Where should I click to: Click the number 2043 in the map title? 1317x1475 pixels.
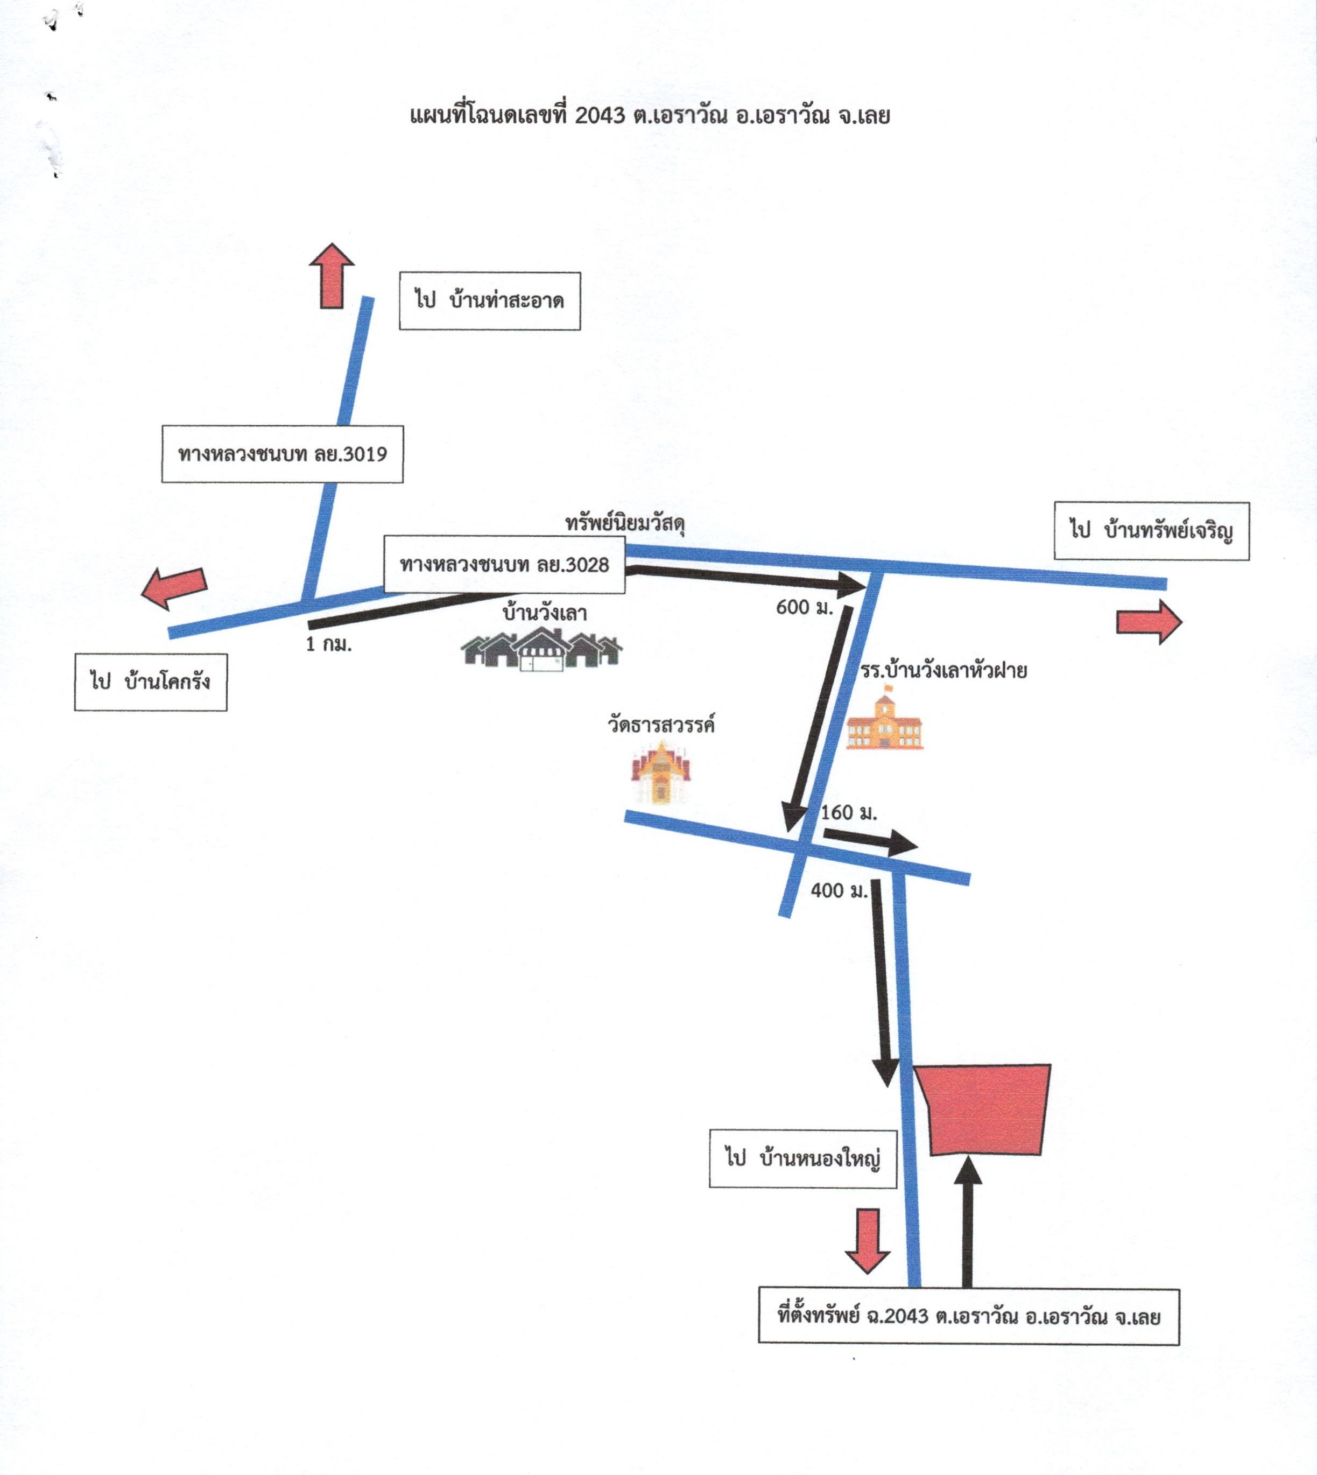(x=599, y=115)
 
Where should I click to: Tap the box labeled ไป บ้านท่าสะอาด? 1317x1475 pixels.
(x=490, y=301)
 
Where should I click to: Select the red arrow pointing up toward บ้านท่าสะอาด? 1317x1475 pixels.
(x=332, y=276)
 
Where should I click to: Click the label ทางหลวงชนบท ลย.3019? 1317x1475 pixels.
(x=282, y=454)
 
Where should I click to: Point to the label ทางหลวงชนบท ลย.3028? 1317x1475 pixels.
(x=504, y=565)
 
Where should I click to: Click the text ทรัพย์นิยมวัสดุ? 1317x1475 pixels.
(x=625, y=523)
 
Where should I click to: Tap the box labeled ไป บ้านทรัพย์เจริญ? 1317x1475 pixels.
(x=1152, y=530)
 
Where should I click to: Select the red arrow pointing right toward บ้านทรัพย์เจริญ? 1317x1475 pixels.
(x=1149, y=622)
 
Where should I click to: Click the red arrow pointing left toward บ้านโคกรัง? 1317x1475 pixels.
(x=174, y=587)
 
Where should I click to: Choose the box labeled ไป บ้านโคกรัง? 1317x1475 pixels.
(x=151, y=682)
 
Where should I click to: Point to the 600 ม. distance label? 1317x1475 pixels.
(x=805, y=607)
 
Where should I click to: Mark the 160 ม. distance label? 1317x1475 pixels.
(x=849, y=813)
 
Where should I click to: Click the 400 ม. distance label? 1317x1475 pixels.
(x=839, y=891)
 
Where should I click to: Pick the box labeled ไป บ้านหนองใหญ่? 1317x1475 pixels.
(x=803, y=1158)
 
